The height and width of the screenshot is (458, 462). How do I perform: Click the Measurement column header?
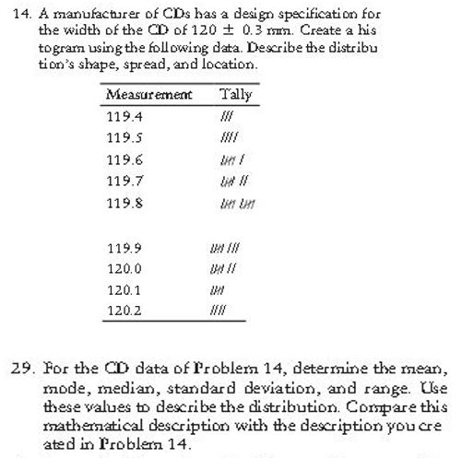point(148,94)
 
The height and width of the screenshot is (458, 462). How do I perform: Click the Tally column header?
point(236,94)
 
